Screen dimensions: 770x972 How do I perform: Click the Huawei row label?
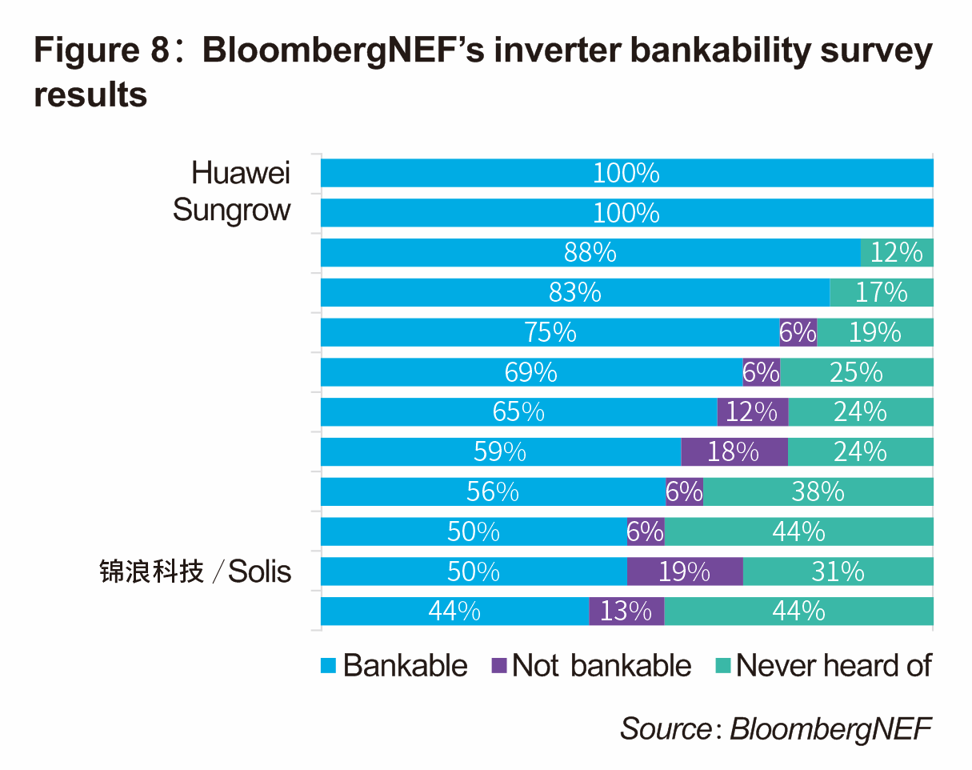(x=241, y=172)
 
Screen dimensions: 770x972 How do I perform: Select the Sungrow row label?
(x=231, y=211)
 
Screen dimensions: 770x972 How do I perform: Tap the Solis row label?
(x=195, y=572)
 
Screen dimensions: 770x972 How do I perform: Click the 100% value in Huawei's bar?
(x=626, y=173)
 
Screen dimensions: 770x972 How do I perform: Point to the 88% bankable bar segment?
(x=590, y=252)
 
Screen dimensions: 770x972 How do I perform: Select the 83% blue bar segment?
(x=574, y=292)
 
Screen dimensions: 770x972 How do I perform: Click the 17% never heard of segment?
(x=881, y=292)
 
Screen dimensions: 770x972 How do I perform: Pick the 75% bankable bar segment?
(x=550, y=332)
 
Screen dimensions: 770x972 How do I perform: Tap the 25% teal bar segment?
(x=856, y=372)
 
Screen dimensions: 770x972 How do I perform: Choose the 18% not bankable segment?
(x=734, y=452)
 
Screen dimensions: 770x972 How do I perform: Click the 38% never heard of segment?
(x=818, y=491)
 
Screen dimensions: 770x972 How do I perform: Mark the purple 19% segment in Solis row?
(x=684, y=571)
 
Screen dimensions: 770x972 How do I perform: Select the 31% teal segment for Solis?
(x=838, y=571)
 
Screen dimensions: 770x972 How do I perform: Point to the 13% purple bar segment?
(x=626, y=612)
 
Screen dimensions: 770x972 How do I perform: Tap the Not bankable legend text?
(x=601, y=665)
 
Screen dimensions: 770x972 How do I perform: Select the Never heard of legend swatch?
(x=722, y=665)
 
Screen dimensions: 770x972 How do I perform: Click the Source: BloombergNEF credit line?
(x=775, y=728)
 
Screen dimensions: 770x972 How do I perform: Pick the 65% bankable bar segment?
(x=518, y=412)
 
